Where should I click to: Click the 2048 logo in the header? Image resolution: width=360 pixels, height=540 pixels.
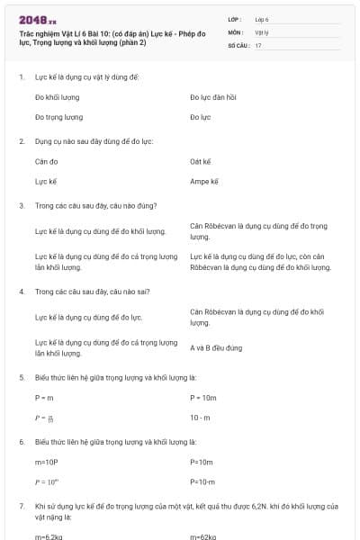pos(37,18)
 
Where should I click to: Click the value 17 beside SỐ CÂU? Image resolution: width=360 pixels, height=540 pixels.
pos(258,44)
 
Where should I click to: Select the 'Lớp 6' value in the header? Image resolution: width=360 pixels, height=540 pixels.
pos(262,18)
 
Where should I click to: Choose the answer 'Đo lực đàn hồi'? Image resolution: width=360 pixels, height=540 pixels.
pos(213,96)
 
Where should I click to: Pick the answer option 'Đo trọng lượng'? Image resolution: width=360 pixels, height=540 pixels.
pos(58,117)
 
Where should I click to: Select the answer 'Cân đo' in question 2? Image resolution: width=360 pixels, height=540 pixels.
pos(46,161)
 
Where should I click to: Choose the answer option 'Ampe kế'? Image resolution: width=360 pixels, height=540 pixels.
pos(204,182)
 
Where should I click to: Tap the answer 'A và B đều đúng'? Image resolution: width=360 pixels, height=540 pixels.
pos(216,347)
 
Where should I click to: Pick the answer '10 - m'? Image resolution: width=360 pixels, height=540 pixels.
pos(200,417)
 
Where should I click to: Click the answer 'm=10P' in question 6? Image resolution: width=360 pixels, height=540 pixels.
pos(46,462)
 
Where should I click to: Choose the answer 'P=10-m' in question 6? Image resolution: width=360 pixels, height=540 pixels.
pos(202,482)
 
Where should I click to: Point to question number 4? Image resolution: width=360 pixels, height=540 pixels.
pos(22,292)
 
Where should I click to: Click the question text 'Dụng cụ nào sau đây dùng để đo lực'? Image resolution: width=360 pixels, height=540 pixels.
pos(94,141)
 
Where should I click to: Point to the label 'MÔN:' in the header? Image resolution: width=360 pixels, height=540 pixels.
pos(236,31)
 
